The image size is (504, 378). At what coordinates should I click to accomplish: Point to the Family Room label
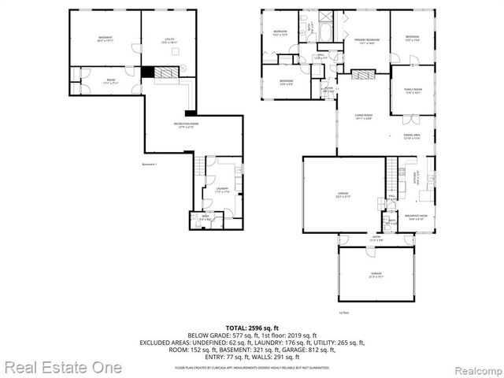413,92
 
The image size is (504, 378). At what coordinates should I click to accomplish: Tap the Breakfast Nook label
416,217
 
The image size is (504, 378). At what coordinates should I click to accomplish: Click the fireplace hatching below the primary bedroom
363,76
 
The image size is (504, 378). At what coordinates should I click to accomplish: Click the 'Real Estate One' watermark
61,367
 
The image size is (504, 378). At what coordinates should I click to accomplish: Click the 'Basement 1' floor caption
150,164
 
